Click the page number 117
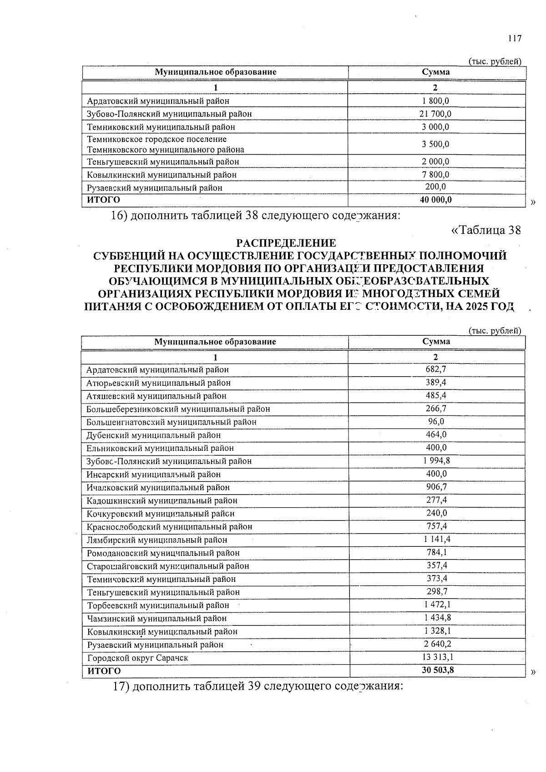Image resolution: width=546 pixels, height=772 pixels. [x=515, y=38]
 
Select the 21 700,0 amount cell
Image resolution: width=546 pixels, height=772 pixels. [x=435, y=114]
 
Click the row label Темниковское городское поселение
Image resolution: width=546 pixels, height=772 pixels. [x=157, y=139]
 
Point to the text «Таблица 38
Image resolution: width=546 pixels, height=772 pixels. [x=485, y=230]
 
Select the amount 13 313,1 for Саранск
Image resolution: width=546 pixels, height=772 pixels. [x=437, y=657]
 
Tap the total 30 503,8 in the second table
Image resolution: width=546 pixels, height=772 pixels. [x=437, y=670]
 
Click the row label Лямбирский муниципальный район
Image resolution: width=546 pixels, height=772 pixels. [x=157, y=540]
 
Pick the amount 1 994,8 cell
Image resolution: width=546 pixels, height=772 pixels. [x=436, y=460]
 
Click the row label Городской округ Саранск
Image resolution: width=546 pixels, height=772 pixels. [x=137, y=658]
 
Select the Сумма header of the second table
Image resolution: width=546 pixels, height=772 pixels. [x=436, y=341]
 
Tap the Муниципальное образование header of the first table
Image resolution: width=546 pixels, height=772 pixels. [x=215, y=72]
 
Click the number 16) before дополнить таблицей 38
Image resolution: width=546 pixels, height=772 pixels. [x=119, y=215]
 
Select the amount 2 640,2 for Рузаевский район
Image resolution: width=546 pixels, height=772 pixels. [x=437, y=644]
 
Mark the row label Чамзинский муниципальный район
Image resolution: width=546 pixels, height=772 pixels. [x=157, y=619]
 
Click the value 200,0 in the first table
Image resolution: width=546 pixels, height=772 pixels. [x=435, y=187]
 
